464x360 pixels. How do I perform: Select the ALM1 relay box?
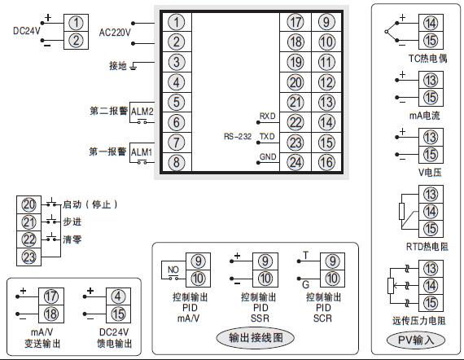(x=142, y=151)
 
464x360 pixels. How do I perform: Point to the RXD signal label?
(x=268, y=116)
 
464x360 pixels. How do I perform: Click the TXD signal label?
(x=268, y=136)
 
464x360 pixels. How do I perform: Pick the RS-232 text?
(x=237, y=137)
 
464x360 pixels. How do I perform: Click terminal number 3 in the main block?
(x=177, y=62)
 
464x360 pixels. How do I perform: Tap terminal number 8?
(x=177, y=161)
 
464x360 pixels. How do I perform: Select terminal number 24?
(x=295, y=161)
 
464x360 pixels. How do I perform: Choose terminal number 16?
(x=326, y=161)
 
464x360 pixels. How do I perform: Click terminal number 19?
(x=295, y=62)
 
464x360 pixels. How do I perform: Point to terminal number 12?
(x=326, y=81)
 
